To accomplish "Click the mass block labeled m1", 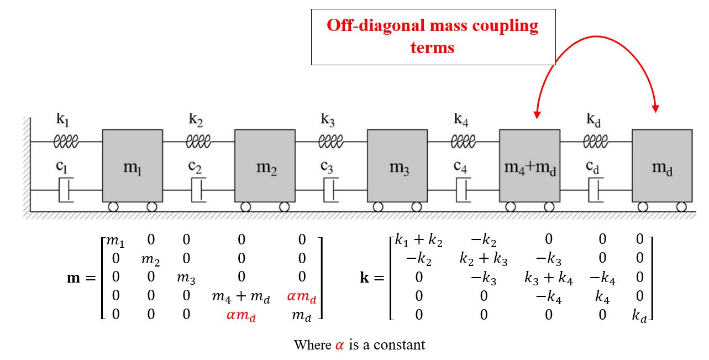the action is point(133,165).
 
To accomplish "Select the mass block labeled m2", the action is point(265,165).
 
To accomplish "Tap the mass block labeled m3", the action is point(397,165).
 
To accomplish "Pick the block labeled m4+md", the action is point(530,165).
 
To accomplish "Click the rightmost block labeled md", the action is point(662,165).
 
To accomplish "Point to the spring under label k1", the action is point(66,142).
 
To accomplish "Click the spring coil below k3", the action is point(331,142).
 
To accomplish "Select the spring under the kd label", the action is point(596,142).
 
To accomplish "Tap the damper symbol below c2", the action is point(198,190).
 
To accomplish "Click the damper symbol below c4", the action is point(464,190).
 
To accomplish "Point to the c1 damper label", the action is point(61,166).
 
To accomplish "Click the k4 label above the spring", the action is point(461,119).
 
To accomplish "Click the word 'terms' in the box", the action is point(432,48).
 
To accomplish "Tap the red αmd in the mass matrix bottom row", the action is point(241,316).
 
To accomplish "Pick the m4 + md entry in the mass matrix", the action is point(241,296).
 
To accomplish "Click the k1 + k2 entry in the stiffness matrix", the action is point(418,241).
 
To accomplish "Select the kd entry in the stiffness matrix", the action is point(639,316).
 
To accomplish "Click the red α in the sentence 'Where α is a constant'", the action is point(340,345).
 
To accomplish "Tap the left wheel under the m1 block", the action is point(113,207).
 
